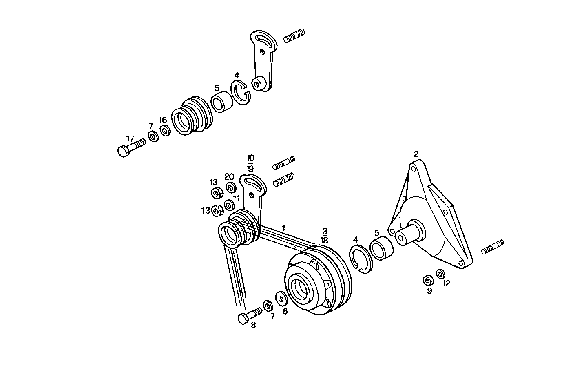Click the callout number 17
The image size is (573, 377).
click(130, 138)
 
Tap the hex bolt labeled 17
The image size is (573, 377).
click(131, 148)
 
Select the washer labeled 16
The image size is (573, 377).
click(166, 130)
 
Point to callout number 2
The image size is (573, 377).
click(416, 154)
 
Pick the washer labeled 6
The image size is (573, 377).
click(281, 298)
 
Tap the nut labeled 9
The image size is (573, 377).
click(428, 281)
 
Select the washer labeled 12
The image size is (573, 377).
click(440, 274)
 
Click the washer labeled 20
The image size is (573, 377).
click(231, 188)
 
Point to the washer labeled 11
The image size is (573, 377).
click(229, 205)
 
